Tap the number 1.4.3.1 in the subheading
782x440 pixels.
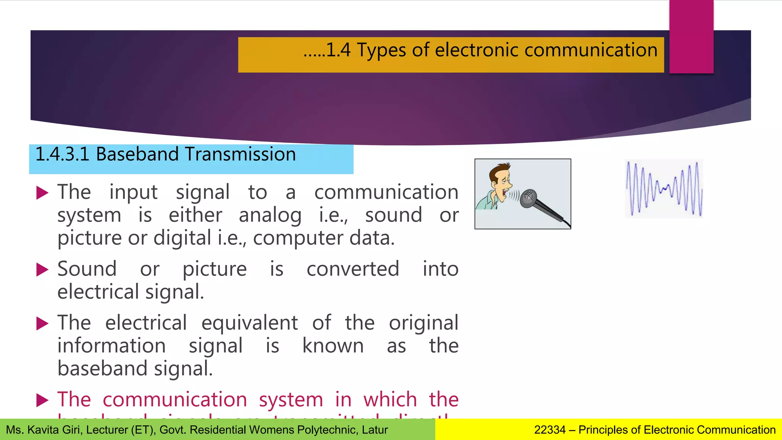62,154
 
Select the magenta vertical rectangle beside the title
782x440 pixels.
691,37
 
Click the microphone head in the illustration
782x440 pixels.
529,198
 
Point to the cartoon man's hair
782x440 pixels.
500,170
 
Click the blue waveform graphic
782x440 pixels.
664,189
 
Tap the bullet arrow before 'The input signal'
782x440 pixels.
42,193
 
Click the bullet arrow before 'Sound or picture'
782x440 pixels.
42,270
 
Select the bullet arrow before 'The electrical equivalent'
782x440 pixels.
42,324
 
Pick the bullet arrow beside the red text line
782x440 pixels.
42,400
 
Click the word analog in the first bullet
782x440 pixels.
270,215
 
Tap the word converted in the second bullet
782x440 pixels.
353,269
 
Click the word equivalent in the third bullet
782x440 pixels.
249,323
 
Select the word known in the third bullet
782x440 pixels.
333,346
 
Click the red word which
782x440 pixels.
390,400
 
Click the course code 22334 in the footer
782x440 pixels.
549,430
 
